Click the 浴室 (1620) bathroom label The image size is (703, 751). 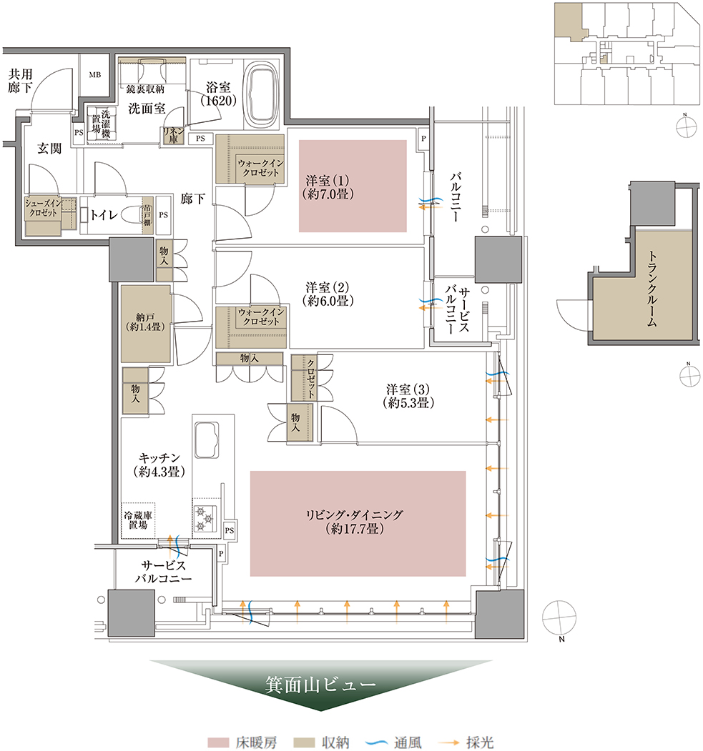[218, 94]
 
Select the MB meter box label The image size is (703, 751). [95, 75]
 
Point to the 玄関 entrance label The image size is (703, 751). [49, 149]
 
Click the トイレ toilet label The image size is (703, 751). [104, 214]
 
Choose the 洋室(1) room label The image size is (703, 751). [328, 187]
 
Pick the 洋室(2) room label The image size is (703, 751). [328, 294]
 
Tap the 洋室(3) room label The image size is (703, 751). [409, 396]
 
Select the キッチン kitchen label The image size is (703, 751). [159, 465]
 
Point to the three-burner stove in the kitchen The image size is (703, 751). [205, 519]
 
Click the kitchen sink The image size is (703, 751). [207, 440]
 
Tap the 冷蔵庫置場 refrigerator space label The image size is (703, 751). [138, 520]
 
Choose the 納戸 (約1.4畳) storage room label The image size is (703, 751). [145, 322]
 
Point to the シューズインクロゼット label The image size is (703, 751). [43, 209]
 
